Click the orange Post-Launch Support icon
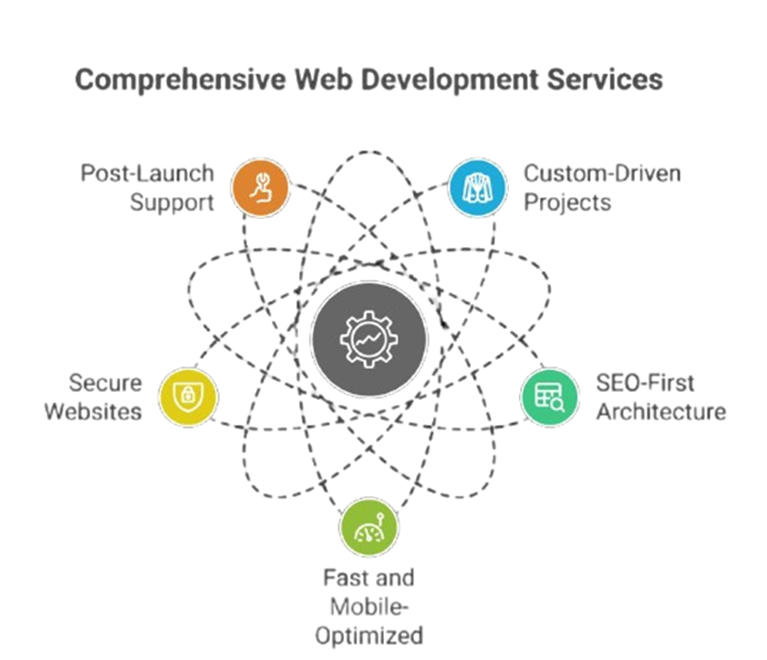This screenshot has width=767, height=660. [261, 188]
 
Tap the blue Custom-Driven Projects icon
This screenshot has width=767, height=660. [477, 188]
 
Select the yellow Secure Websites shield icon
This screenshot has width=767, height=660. [188, 397]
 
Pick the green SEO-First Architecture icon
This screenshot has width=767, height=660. [550, 397]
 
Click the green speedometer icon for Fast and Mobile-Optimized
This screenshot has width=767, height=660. [368, 527]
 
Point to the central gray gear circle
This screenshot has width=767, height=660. [368, 339]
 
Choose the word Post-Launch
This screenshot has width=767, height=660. [148, 173]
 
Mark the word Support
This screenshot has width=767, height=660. [171, 201]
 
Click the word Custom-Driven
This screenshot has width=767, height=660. [602, 173]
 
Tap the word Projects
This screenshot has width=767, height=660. [567, 201]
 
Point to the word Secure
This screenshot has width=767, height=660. [107, 383]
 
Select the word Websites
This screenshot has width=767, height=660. [93, 411]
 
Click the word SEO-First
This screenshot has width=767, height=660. [645, 383]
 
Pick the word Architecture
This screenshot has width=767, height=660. [660, 411]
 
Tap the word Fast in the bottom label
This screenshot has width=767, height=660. [344, 578]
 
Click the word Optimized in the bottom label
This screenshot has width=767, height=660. [368, 634]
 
